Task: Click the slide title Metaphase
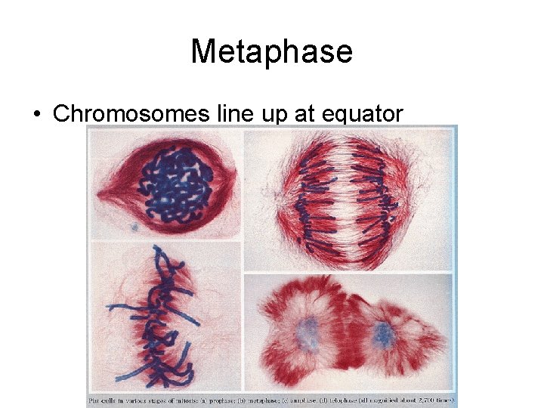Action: [x=271, y=51]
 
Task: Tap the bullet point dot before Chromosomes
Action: [x=36, y=114]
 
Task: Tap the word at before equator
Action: [x=307, y=114]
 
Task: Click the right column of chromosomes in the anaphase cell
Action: [x=391, y=198]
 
